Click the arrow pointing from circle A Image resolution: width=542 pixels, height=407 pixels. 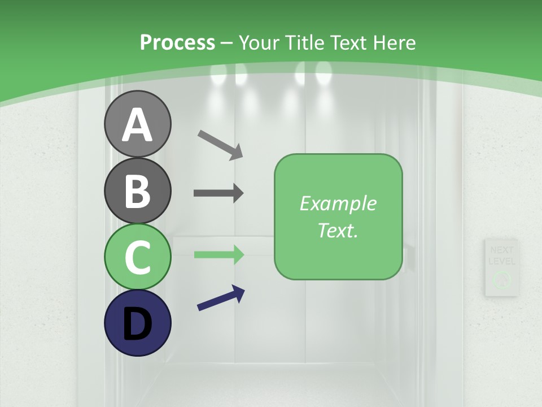(x=220, y=144)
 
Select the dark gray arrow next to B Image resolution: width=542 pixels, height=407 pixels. (x=218, y=193)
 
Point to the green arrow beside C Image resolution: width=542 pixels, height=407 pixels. (x=218, y=254)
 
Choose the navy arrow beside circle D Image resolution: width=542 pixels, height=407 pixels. (x=221, y=298)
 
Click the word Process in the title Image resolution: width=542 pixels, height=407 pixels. (x=177, y=42)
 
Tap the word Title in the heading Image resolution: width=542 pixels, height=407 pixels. (x=304, y=42)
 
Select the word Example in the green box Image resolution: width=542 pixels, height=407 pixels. (x=338, y=203)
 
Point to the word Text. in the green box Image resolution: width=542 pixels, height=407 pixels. (x=338, y=230)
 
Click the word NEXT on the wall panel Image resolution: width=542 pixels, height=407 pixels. (x=502, y=250)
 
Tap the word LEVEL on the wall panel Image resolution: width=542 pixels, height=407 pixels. (x=502, y=261)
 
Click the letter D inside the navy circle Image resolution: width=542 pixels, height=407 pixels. (x=137, y=324)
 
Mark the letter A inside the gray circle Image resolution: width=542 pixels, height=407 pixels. (x=137, y=125)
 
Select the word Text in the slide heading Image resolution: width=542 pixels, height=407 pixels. (x=348, y=42)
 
